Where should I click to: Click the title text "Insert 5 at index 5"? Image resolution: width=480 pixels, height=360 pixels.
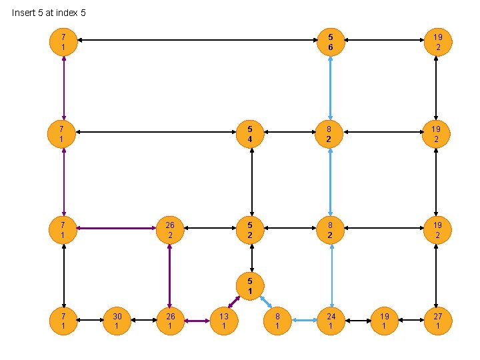[49, 13]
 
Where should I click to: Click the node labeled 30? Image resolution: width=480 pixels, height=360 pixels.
[117, 321]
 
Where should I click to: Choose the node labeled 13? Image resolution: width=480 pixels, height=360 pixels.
[225, 321]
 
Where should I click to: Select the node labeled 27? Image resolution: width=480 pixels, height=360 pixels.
[437, 321]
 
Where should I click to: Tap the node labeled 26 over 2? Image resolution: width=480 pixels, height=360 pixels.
[170, 230]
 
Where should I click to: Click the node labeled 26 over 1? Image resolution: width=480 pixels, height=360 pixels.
[171, 321]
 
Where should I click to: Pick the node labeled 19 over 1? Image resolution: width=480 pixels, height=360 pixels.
[384, 321]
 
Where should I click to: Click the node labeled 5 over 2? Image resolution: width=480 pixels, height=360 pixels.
[250, 230]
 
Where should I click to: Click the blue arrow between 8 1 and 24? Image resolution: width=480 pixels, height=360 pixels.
[305, 321]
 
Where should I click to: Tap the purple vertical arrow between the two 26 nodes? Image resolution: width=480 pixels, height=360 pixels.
[170, 275]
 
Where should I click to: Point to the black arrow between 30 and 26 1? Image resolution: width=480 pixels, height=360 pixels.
[144, 321]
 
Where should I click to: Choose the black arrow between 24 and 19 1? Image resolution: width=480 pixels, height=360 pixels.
[358, 321]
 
